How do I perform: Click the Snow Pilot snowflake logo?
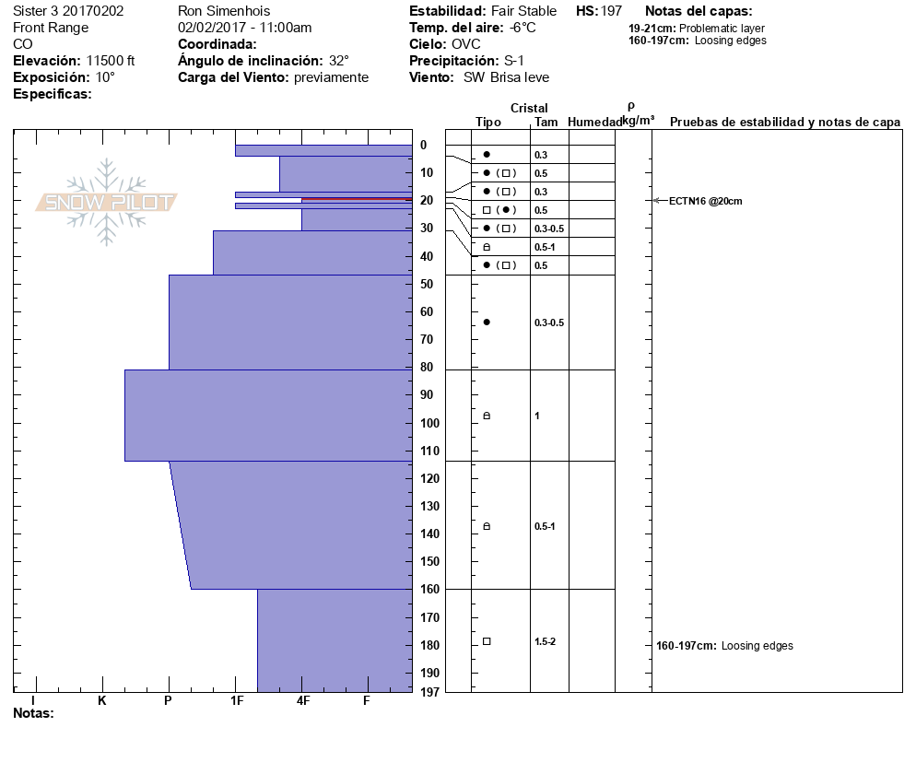pos(107,202)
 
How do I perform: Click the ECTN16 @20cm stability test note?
pos(706,201)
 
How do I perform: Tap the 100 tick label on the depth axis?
pos(427,423)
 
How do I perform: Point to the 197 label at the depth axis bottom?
pos(427,691)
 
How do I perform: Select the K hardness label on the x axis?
pos(102,701)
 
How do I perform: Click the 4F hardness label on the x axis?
pos(303,701)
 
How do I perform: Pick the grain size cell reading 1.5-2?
pos(546,641)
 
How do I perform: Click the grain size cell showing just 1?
pos(537,416)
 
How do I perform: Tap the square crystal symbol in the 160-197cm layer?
pos(487,641)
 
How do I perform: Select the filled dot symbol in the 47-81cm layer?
pos(487,322)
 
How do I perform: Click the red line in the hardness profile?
pos(356,199)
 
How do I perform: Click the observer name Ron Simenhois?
pos(225,11)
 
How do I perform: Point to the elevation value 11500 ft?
pos(110,61)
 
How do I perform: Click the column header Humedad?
pos(595,123)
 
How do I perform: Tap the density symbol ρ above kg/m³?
pos(630,107)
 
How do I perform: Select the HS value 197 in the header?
pos(611,11)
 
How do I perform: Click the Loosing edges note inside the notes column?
pos(757,646)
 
